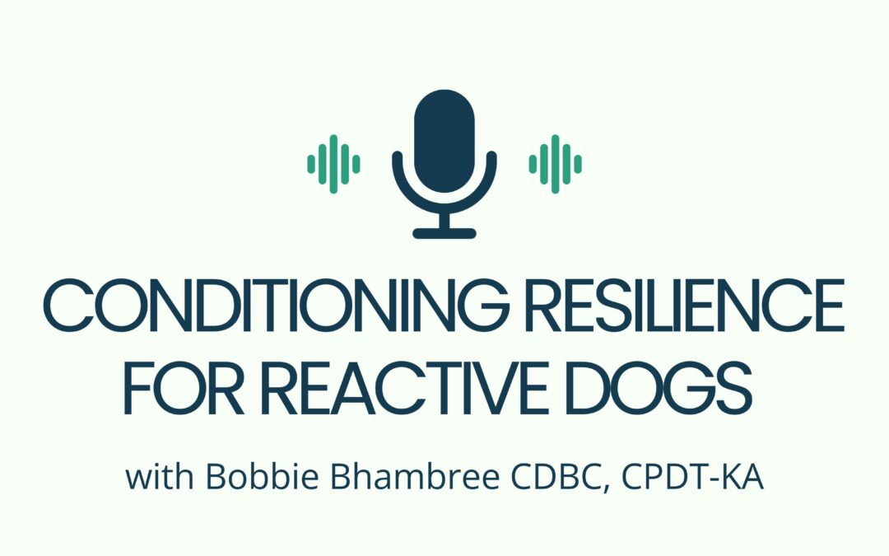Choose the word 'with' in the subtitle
(x=154, y=477)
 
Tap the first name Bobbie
(x=241, y=477)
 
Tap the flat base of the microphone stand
(x=444, y=233)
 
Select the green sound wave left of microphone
(x=333, y=164)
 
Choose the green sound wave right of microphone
(x=556, y=164)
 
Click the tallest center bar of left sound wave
(x=333, y=164)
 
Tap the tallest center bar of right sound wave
(x=556, y=164)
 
